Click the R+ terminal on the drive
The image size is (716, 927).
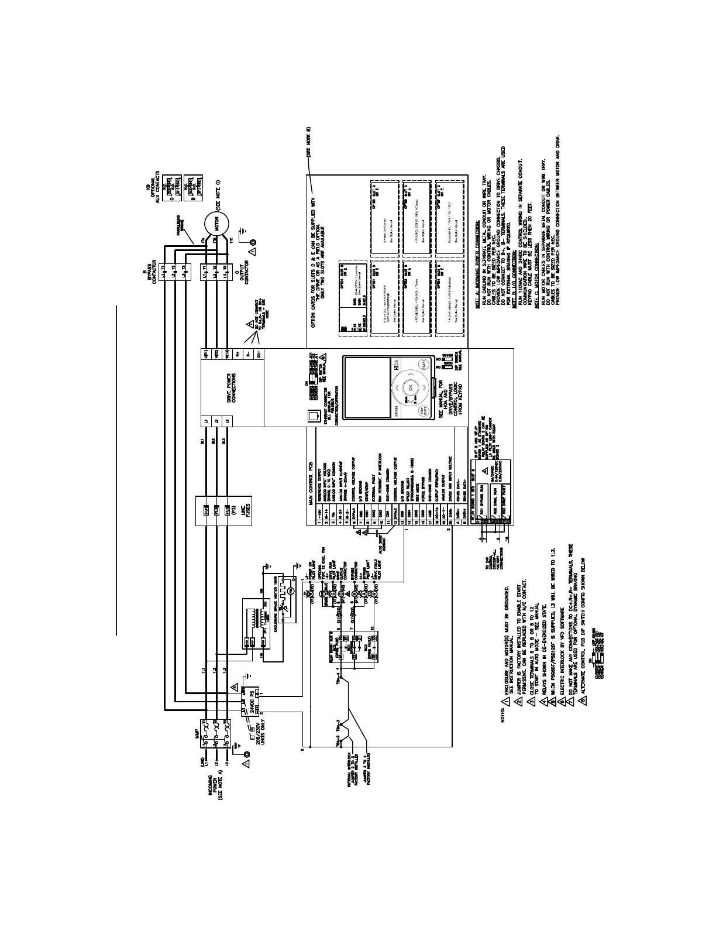[x=237, y=355]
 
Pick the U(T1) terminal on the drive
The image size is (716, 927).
[x=205, y=355]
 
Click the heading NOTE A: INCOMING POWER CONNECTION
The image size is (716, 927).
[x=478, y=265]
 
